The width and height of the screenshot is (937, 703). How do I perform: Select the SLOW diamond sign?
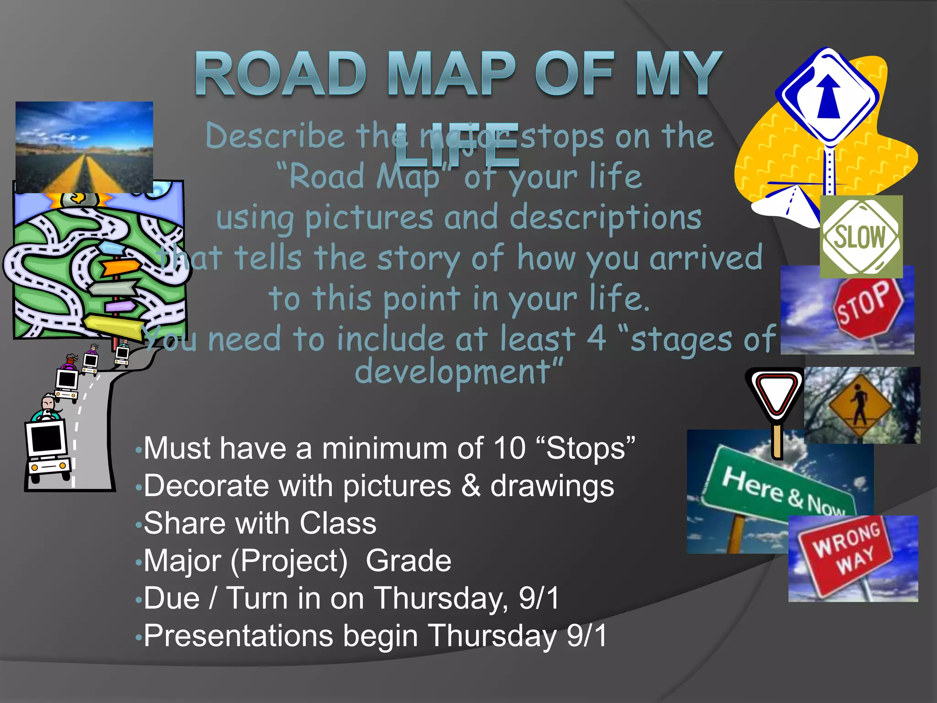coord(860,237)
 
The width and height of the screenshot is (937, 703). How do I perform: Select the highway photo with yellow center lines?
coord(84,147)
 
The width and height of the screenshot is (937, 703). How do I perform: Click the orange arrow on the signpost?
coord(120,267)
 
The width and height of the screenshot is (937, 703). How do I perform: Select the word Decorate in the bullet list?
coord(206,486)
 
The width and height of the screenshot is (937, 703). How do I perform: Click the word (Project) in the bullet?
coord(289,561)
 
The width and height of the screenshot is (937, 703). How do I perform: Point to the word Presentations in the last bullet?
coord(238,636)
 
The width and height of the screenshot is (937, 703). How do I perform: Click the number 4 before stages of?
coord(596,338)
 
